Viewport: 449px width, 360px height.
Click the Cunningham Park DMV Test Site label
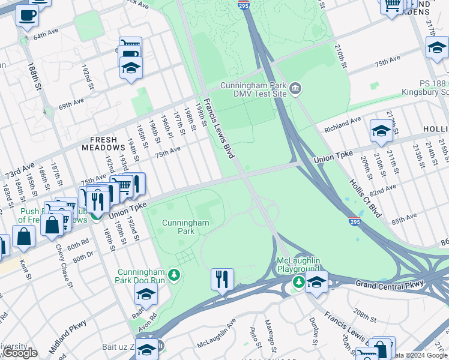253,90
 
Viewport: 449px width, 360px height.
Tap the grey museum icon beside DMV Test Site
295,90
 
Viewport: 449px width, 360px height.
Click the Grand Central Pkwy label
390,283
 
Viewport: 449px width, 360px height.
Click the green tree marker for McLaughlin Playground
298,281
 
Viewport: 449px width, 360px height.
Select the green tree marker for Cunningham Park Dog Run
174,275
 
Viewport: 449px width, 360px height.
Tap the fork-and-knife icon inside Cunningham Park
222,280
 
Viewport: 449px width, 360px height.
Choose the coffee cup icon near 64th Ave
27,16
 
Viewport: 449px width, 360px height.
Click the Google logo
20,353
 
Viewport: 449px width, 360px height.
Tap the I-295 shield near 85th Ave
354,221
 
